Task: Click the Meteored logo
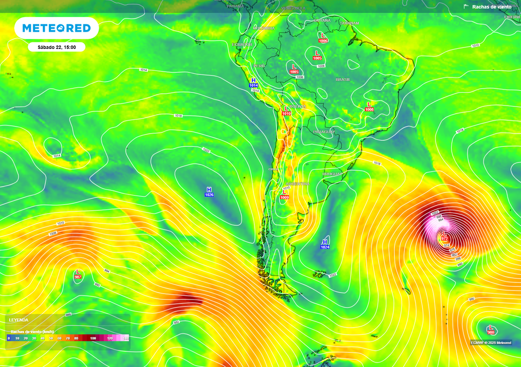coord(56,28)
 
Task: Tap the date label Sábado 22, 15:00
coord(56,47)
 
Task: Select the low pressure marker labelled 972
coord(444,235)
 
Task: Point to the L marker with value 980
coord(490,329)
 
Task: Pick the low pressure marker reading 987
coord(78,274)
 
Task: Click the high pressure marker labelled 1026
coord(209,192)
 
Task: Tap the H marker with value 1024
coord(325,244)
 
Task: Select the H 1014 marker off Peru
coord(253,83)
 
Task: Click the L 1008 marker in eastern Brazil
coord(369,107)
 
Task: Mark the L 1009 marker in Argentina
coord(284,194)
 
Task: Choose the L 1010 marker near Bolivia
coord(286,111)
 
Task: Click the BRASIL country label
coord(342,80)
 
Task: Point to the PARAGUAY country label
coord(324,132)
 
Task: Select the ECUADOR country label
coord(242,45)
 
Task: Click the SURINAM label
coord(350,23)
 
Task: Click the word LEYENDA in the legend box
coord(19,320)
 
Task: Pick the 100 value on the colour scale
coord(93,338)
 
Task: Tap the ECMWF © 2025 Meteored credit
coord(491,343)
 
